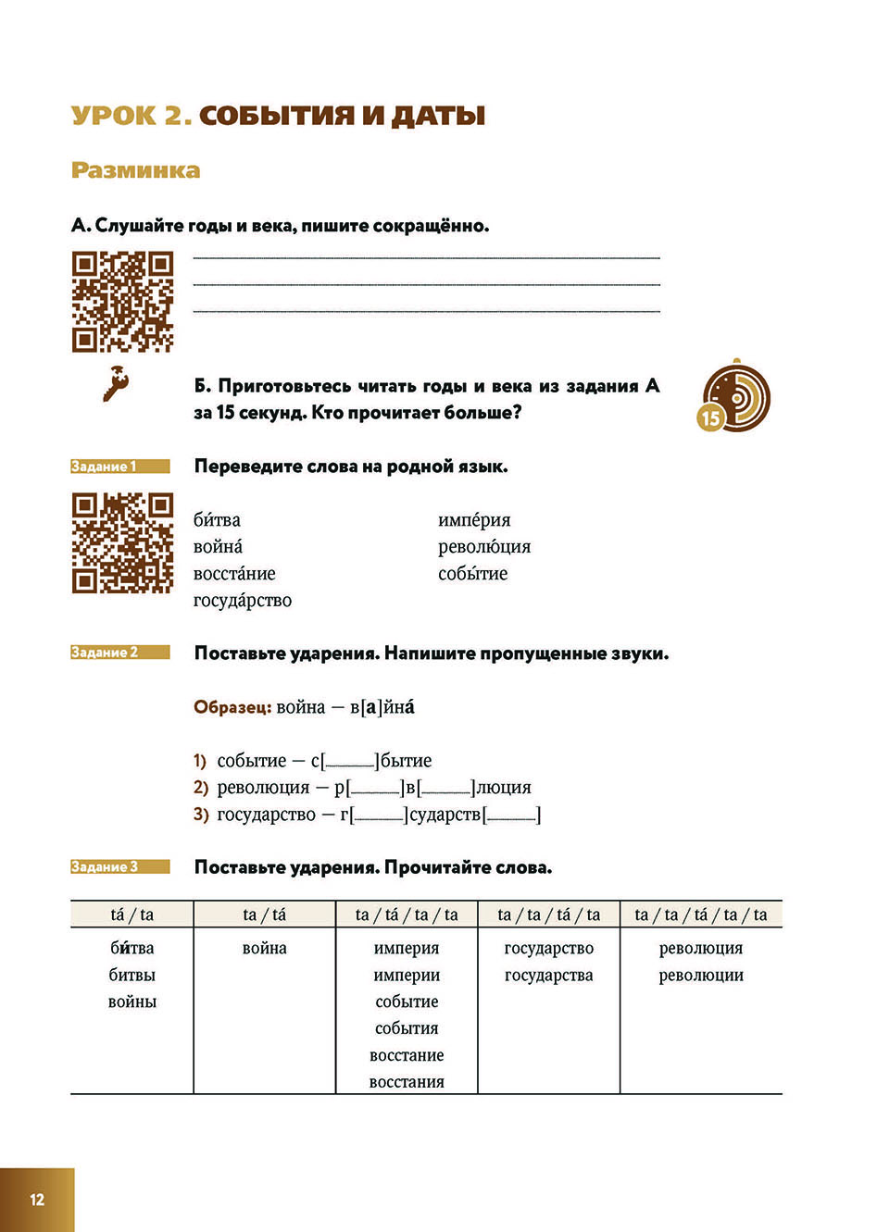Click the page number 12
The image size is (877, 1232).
[x=37, y=1200]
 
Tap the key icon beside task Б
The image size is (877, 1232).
[x=116, y=383]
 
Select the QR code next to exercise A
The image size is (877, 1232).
[x=122, y=302]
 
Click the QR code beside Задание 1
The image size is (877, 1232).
[x=122, y=543]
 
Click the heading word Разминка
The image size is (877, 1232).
[x=135, y=170]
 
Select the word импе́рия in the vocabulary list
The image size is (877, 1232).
[x=474, y=520]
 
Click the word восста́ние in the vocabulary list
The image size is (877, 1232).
[x=234, y=574]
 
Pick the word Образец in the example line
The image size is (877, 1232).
[x=232, y=707]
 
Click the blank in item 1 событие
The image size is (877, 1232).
[x=350, y=762]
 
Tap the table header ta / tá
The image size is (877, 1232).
[x=264, y=915]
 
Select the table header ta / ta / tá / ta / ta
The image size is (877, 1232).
[x=700, y=915]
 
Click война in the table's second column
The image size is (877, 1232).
[x=264, y=948]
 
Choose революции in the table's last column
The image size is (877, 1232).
[x=701, y=975]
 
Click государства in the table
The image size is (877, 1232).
[x=548, y=975]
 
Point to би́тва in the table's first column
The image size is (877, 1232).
[x=132, y=948]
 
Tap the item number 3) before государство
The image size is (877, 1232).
[x=201, y=815]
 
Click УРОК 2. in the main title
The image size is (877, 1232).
[x=132, y=116]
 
